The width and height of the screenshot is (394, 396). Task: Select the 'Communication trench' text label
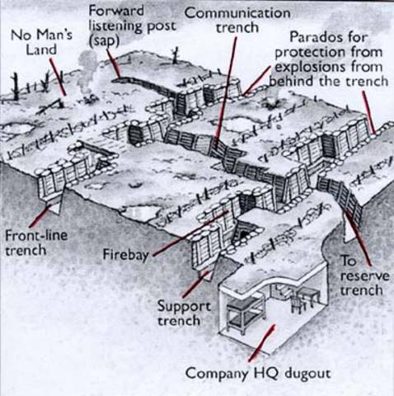[x=237, y=21]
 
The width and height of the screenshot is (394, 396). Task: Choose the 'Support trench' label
[x=183, y=311]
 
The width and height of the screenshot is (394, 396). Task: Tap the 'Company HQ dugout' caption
[x=257, y=373]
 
